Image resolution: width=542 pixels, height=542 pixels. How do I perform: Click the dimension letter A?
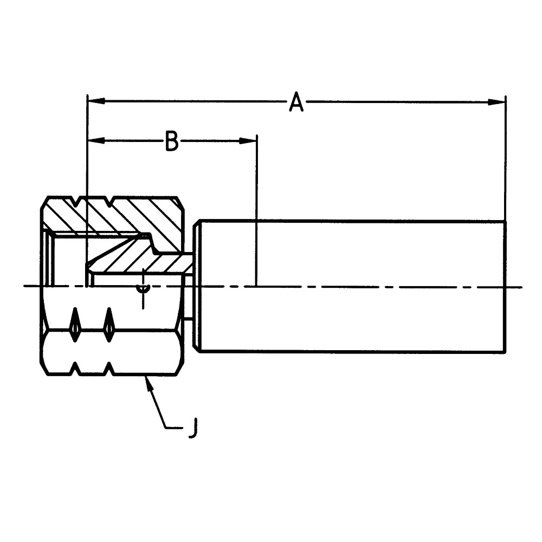[x=296, y=102]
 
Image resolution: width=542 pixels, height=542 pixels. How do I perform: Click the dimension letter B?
[x=171, y=141]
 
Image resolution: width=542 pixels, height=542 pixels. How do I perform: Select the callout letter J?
[x=192, y=428]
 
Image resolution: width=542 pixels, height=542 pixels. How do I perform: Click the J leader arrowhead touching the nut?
[x=147, y=381]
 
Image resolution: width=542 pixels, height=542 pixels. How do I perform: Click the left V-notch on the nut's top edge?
[x=80, y=201]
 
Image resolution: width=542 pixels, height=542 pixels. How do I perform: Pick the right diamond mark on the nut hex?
[x=109, y=324]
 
